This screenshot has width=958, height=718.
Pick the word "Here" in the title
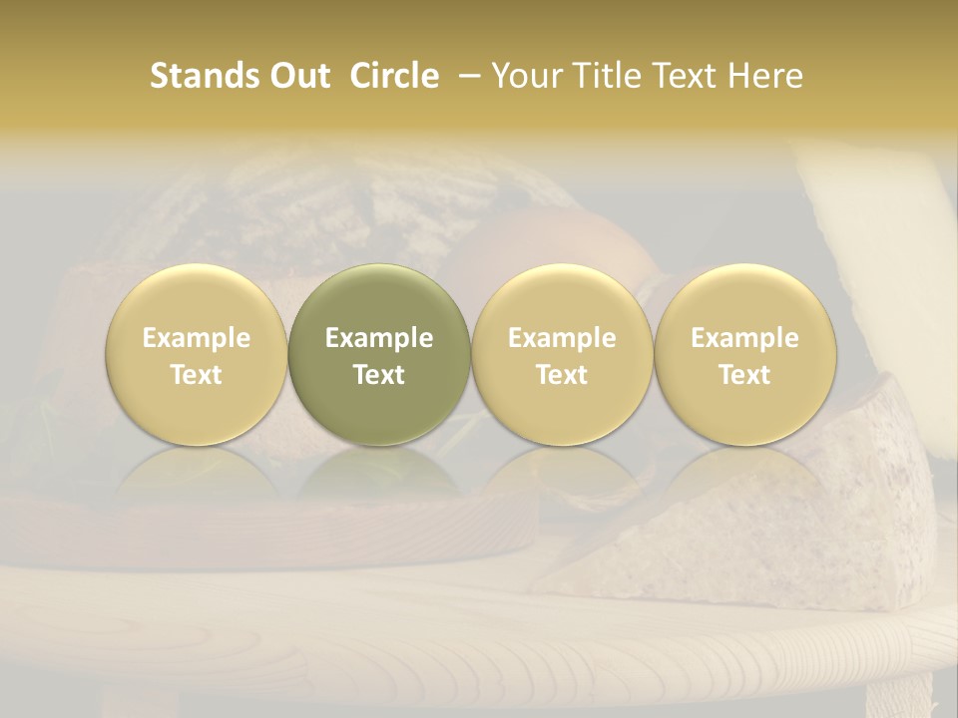tap(765, 76)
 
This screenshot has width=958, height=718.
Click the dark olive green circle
tap(379, 354)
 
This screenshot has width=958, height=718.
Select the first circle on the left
tap(196, 354)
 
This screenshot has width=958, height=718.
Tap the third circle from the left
tap(562, 354)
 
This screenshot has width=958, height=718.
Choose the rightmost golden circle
tap(744, 354)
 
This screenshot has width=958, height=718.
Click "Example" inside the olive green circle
tap(379, 338)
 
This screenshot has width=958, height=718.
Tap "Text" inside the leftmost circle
tap(196, 375)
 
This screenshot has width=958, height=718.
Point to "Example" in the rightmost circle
tap(744, 338)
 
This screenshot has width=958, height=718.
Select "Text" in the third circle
tap(562, 375)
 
